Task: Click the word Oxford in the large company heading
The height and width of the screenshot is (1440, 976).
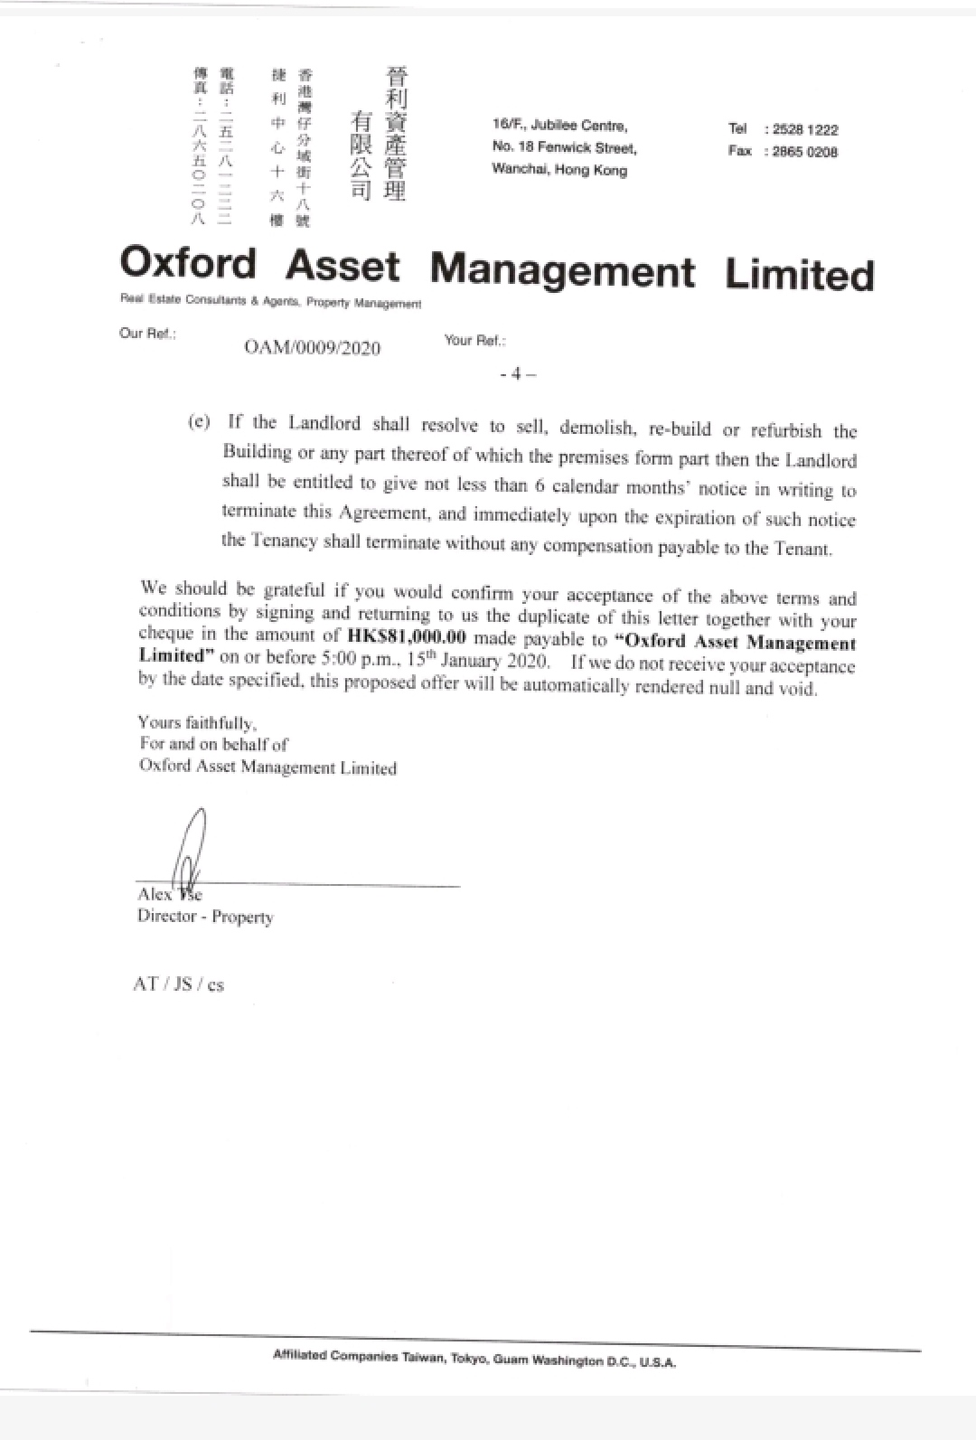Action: coord(188,264)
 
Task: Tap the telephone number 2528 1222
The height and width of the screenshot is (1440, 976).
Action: coord(805,130)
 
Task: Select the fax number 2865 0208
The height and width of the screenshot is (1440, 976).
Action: coord(805,152)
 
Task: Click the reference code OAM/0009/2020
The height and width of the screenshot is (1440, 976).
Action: coord(313,348)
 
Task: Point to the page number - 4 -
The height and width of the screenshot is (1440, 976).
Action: coord(518,373)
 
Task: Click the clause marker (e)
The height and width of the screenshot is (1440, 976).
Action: coord(199,422)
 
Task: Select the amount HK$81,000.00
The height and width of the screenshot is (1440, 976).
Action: coord(407,635)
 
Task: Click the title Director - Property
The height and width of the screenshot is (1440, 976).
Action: coord(205,917)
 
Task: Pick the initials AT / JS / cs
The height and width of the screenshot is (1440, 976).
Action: coord(178,984)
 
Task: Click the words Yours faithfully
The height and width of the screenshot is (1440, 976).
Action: coord(198,722)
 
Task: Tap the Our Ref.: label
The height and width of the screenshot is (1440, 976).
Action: coord(147,333)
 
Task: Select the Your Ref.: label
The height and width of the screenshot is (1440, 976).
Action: coord(475,340)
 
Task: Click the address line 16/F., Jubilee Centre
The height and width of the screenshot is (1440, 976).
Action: coord(559,126)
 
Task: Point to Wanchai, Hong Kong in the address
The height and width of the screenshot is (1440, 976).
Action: coord(559,170)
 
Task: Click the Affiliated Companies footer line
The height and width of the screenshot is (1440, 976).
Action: coord(474,1358)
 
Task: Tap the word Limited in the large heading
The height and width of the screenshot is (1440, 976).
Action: coord(799,275)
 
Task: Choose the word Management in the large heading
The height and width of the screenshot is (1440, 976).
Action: coord(562,269)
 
